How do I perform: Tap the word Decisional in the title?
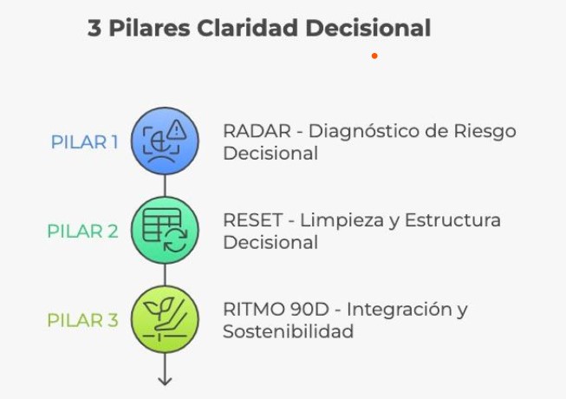tap(368, 28)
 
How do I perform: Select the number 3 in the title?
tap(94, 28)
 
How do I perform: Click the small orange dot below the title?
tap(374, 56)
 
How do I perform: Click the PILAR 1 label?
tap(84, 141)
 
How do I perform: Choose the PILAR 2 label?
tap(82, 231)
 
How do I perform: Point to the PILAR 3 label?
tap(82, 320)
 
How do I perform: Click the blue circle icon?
tap(165, 141)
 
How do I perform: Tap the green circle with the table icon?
tap(165, 231)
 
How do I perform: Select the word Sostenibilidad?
tap(288, 331)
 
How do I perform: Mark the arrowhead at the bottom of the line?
tap(165, 380)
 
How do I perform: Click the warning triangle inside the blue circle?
tap(178, 130)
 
